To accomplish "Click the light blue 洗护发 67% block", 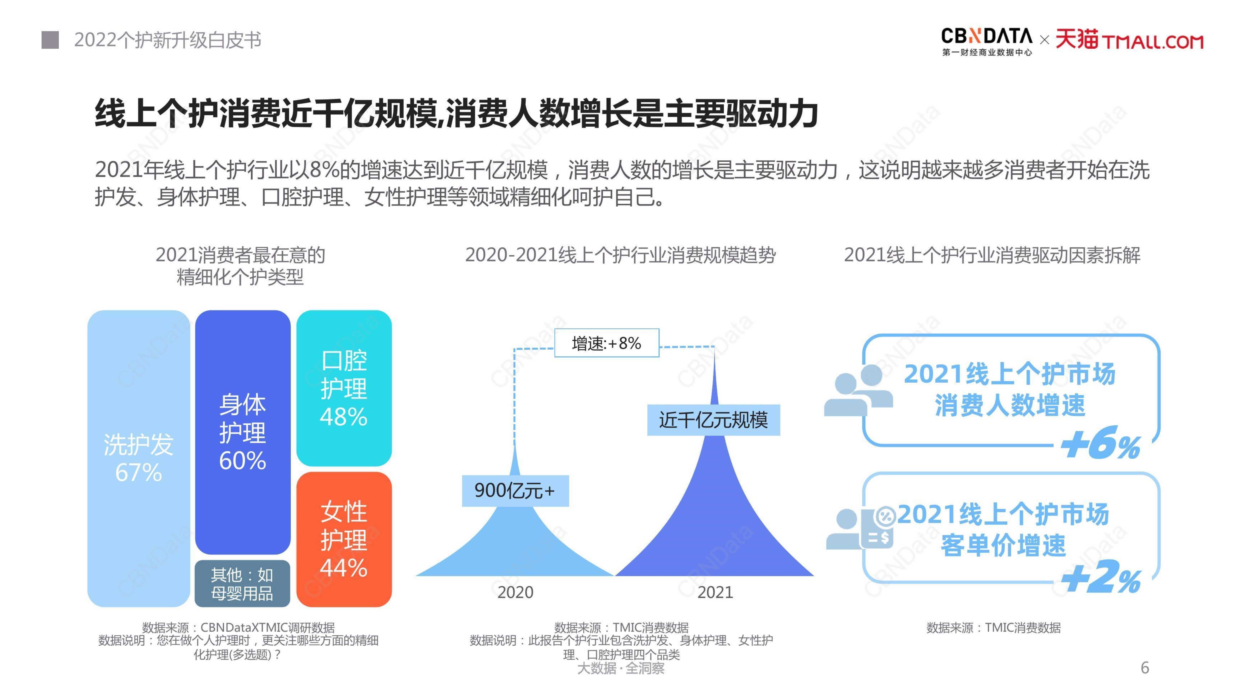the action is [139, 459].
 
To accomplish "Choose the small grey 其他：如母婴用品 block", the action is [242, 583].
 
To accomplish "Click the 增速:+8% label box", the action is [607, 343].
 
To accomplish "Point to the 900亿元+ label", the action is [515, 491].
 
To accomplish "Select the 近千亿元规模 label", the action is [713, 420].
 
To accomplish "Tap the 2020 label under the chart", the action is [515, 592].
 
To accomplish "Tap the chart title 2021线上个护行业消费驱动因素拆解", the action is [992, 255].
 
